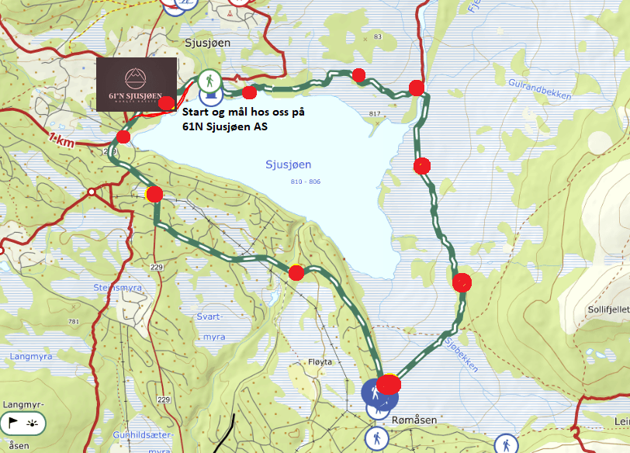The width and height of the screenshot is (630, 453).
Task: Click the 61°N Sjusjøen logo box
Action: point(137,85)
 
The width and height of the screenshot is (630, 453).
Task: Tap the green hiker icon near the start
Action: point(208,80)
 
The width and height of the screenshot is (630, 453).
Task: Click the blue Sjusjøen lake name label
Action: point(288,164)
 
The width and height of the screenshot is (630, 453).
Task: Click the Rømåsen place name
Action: point(415,419)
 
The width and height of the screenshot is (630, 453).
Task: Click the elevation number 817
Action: point(376,114)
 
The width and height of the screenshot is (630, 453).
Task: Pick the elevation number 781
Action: point(74,322)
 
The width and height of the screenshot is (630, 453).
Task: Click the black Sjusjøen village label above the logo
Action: point(208,43)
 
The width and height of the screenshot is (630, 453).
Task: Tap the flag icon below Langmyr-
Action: point(13,424)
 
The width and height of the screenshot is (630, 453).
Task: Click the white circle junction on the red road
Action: point(92,191)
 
